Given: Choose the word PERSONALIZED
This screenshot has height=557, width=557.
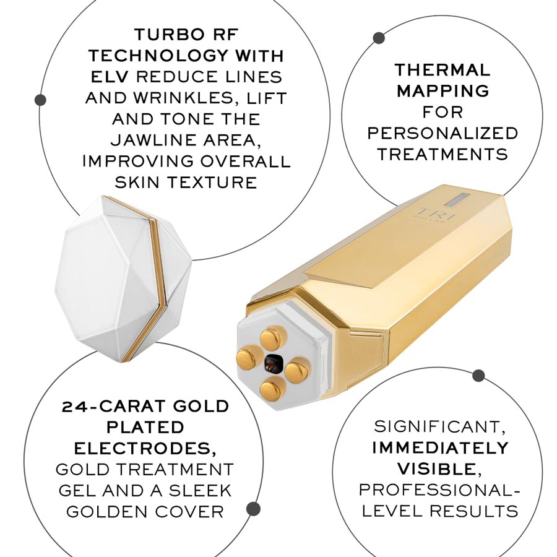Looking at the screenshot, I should tap(442, 133).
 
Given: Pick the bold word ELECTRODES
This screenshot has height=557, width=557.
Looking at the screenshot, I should tap(145, 448).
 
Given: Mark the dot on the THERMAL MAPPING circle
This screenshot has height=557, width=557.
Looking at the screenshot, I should tap(379, 38).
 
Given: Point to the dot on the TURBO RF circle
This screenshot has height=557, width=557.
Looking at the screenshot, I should tap(41, 99).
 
